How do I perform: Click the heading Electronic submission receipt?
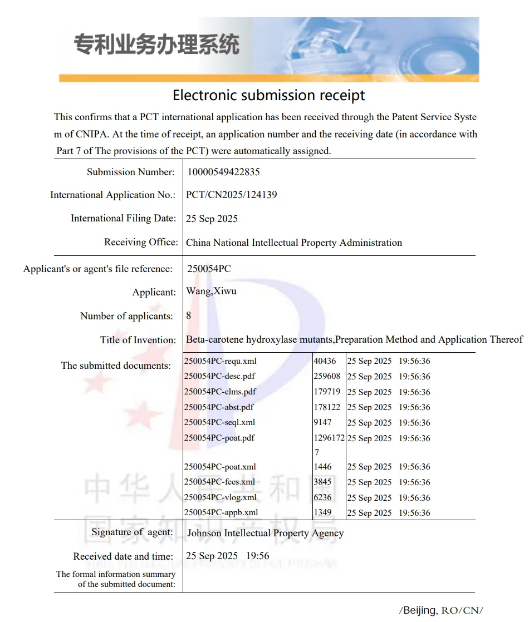(x=268, y=95)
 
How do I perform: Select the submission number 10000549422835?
(x=223, y=172)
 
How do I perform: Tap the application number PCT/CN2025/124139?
(x=231, y=195)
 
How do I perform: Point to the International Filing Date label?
(x=123, y=218)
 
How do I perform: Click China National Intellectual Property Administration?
(x=293, y=243)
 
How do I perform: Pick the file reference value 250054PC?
(x=209, y=269)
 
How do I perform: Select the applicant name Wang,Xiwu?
(x=211, y=292)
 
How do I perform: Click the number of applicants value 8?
(x=189, y=315)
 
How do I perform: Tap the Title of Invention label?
(x=138, y=340)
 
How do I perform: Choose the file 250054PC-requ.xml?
(x=221, y=361)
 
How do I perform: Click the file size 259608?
(x=327, y=376)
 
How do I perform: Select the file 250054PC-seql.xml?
(x=219, y=422)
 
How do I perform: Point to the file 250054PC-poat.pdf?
(x=219, y=438)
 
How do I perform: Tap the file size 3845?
(x=322, y=482)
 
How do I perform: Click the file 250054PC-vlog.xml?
(x=221, y=497)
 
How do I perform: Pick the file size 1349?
(x=322, y=512)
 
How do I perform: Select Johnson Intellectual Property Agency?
(x=265, y=533)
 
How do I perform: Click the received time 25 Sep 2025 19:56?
(x=227, y=556)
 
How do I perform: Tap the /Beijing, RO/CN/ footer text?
(x=440, y=610)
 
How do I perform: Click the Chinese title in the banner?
(x=156, y=45)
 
